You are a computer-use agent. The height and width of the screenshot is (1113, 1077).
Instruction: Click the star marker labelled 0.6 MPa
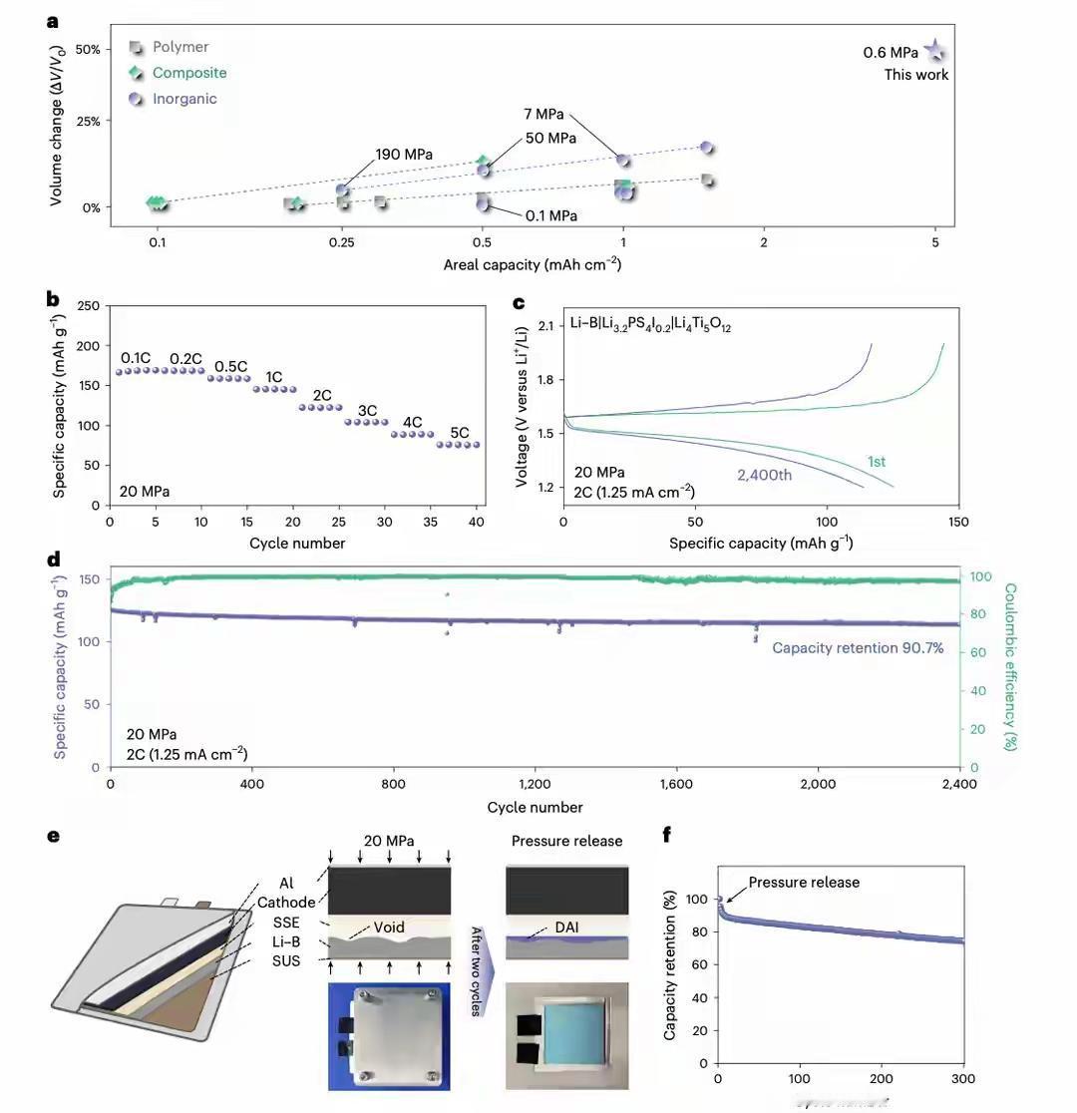click(934, 52)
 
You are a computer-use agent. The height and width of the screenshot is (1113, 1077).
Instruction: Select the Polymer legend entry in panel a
click(179, 47)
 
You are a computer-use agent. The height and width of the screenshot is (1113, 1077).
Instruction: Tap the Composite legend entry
click(188, 73)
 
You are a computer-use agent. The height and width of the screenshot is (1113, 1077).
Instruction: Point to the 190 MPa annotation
click(404, 155)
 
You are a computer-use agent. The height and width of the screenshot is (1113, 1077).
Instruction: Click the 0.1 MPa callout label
click(550, 215)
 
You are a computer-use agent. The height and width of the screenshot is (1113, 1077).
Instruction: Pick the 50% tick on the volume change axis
click(88, 50)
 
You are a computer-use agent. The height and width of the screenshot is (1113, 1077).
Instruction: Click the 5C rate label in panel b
click(459, 434)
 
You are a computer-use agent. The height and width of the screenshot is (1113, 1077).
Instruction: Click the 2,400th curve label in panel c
click(764, 475)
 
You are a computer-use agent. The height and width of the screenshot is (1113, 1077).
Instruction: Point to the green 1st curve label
click(876, 462)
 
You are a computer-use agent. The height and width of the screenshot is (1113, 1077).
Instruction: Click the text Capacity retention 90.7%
click(858, 648)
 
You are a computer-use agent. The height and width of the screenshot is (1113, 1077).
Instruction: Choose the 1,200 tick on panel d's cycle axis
click(535, 785)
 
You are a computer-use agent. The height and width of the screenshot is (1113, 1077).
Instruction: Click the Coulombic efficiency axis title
click(1009, 666)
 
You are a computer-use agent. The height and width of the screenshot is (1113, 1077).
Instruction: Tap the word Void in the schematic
click(389, 927)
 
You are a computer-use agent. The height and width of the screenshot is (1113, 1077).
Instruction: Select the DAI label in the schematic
click(566, 927)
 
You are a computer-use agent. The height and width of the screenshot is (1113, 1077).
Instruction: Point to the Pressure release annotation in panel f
click(804, 883)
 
